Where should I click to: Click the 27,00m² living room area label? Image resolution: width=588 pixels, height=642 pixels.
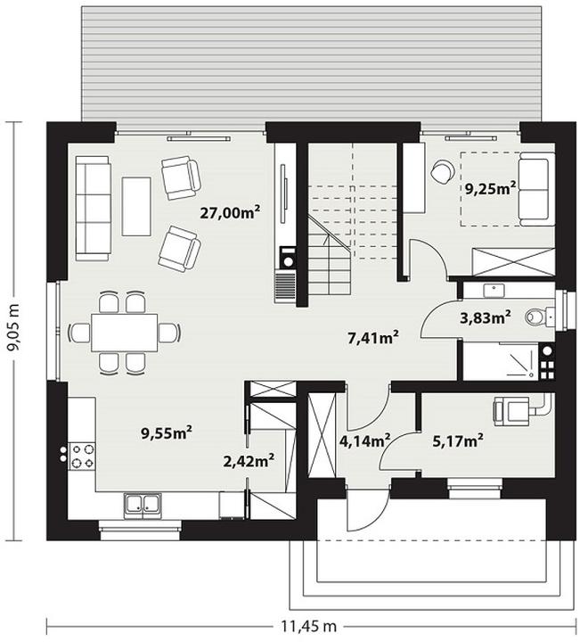(x=230, y=212)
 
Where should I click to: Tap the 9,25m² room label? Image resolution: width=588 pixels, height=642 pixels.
(x=490, y=188)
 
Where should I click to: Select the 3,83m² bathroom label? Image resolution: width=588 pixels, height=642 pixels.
(x=486, y=317)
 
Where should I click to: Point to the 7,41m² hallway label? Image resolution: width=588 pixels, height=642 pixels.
(x=372, y=338)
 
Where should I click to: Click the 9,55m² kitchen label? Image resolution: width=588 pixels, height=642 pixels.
(x=167, y=432)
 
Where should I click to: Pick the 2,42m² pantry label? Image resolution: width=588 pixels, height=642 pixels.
(x=249, y=461)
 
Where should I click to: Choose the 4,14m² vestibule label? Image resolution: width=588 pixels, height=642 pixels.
(x=364, y=440)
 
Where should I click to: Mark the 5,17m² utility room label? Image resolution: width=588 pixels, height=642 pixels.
(x=458, y=440)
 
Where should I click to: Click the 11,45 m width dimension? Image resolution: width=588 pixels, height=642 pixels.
(x=309, y=626)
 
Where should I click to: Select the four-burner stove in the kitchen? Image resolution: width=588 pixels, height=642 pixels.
(x=83, y=457)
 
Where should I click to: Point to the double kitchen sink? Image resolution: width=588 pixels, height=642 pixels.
(x=142, y=506)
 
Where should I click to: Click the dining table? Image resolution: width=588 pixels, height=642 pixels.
(x=125, y=333)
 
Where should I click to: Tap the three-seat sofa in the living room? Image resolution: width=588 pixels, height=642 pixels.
(x=93, y=209)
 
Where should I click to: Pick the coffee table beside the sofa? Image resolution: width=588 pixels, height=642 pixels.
(x=136, y=206)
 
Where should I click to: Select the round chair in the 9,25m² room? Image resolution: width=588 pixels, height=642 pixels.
(x=442, y=171)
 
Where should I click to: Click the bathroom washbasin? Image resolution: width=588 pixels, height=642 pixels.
(x=494, y=291)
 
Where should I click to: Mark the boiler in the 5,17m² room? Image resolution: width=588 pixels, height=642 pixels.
(x=511, y=411)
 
